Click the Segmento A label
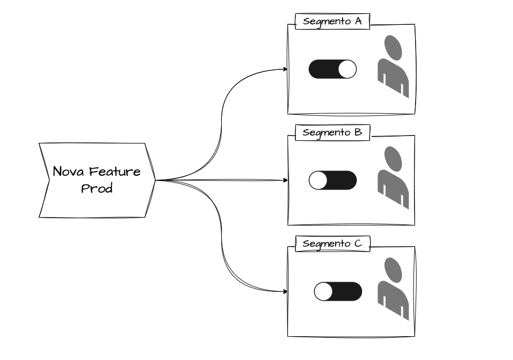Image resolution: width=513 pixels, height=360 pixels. point(332,22)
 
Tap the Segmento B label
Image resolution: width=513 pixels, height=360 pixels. point(332,132)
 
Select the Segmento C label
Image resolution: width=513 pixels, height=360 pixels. point(332,244)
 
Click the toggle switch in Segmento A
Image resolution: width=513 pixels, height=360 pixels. point(332,69)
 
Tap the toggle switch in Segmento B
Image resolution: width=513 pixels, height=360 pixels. point(332,181)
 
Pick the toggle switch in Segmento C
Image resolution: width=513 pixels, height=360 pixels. point(338,292)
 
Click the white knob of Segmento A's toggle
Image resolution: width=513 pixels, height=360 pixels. point(347,69)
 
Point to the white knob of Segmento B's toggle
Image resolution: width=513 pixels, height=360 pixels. point(318,181)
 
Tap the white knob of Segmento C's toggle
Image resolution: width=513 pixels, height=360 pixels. point(323,292)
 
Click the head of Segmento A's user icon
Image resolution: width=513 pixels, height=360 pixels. point(393,48)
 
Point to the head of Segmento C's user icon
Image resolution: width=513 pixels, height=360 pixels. point(393,270)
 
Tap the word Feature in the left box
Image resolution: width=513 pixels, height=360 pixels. point(115,172)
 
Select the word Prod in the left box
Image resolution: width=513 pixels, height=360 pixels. point(96,188)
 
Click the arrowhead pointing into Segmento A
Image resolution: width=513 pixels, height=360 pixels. point(285,69)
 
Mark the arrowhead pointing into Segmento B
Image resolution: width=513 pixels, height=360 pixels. point(285,181)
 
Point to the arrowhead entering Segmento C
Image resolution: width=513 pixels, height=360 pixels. point(285,291)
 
